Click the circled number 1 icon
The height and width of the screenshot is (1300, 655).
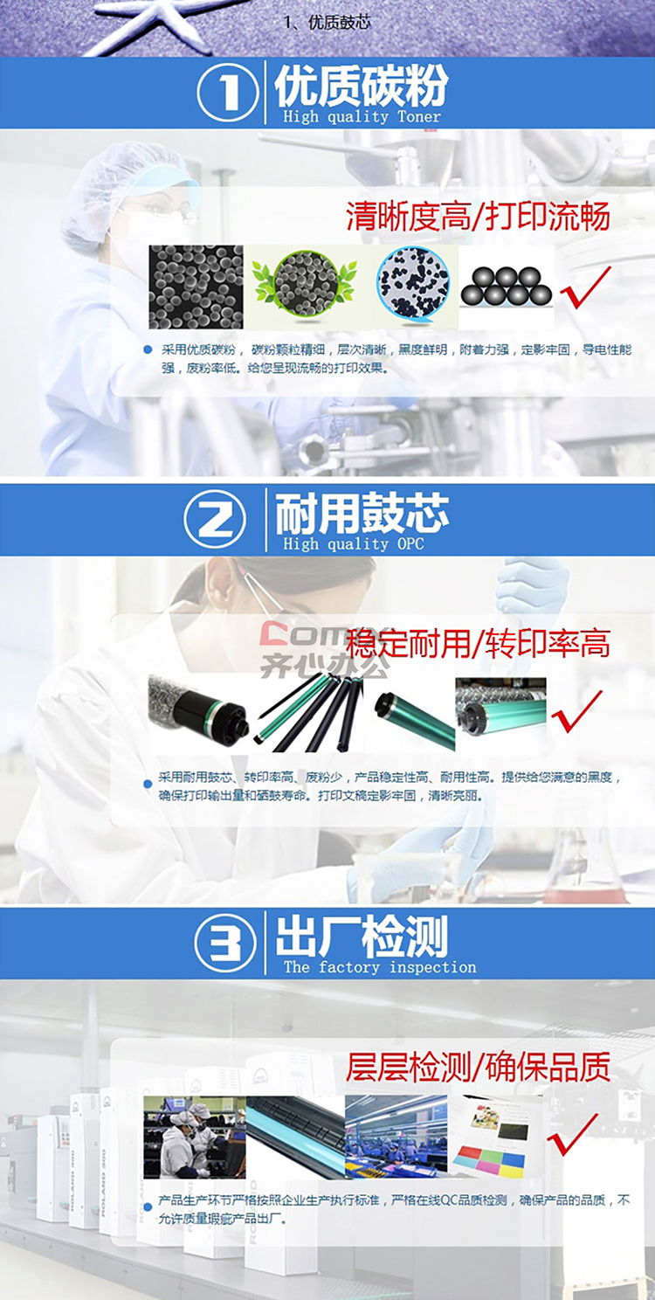[227, 93]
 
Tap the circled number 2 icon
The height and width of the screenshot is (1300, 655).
[215, 520]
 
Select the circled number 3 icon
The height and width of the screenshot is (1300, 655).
[225, 943]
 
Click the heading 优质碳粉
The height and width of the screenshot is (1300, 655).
[362, 86]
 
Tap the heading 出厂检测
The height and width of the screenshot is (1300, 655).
[362, 937]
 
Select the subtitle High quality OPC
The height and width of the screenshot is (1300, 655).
[354, 543]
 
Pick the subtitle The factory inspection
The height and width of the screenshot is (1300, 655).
[380, 967]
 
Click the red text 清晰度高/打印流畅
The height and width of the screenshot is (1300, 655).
[478, 217]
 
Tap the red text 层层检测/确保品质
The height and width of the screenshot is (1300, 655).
[478, 1066]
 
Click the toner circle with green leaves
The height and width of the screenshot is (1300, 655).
[304, 285]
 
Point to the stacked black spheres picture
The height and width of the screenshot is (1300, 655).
[506, 287]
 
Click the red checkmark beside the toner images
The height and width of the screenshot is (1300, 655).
[585, 287]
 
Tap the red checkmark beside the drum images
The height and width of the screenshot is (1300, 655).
[576, 711]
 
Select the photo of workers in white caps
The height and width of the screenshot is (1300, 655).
[195, 1137]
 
